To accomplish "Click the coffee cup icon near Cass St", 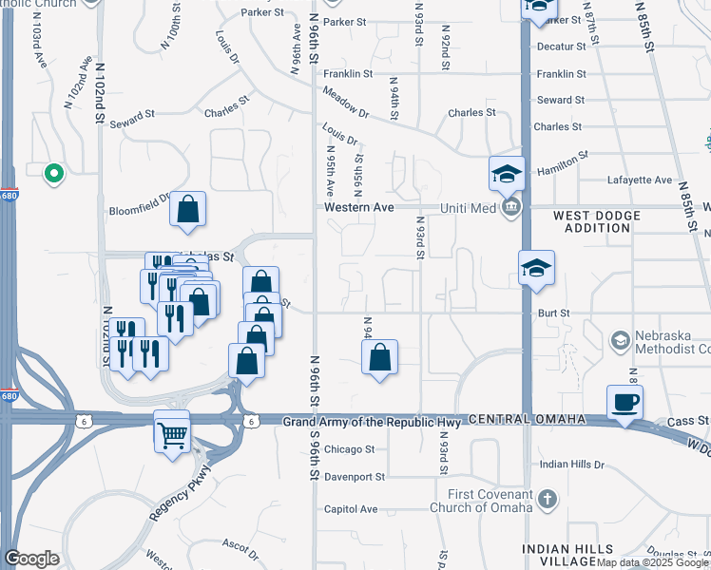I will coord(625,402).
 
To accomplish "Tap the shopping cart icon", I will coord(172,435).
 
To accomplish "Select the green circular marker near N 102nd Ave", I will coord(54,172).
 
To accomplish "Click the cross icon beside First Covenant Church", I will coord(547,498).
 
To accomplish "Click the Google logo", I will coord(31,558).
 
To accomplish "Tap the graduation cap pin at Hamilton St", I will coord(507,173).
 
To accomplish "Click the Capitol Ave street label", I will coord(351,508).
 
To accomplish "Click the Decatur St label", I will coord(560,46).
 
